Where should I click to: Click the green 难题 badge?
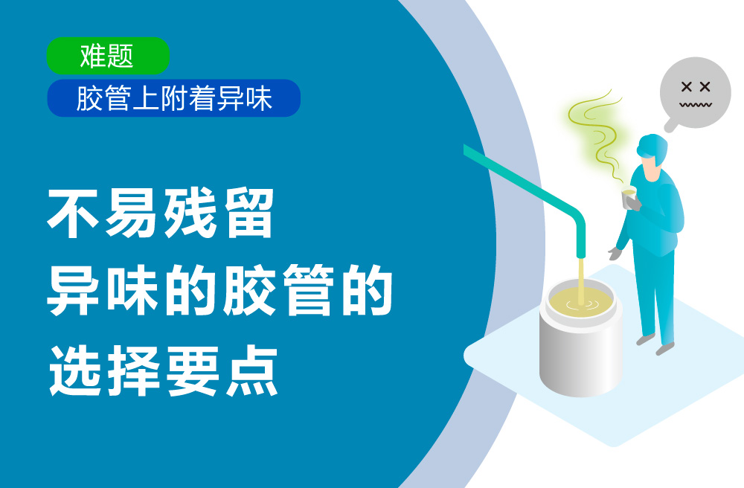pos(108,56)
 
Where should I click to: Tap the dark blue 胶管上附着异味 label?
pos(173,98)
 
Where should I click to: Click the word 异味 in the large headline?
pos(103,290)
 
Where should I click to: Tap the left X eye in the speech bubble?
pos(686,86)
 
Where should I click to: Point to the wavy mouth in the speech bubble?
pos(695,104)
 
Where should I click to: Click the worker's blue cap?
pos(652,147)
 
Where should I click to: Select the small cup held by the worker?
pos(629,197)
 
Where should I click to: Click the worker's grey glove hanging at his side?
pos(615,254)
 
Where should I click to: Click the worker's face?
pos(651,169)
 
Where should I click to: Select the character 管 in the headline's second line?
pos(307,290)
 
